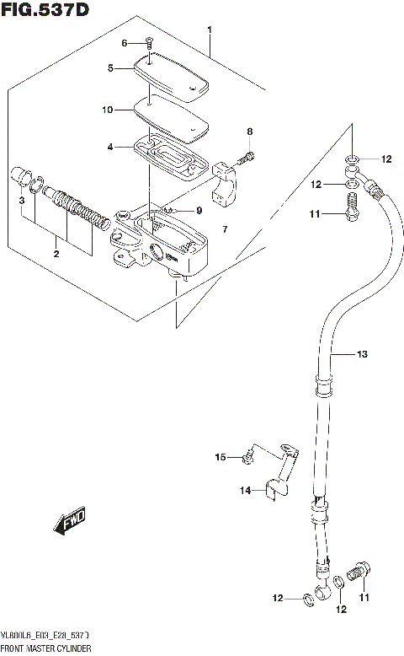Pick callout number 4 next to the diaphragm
point(109,148)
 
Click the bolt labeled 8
point(247,156)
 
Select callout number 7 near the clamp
point(225,229)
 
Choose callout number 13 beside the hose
point(362,355)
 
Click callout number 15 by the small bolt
point(221,457)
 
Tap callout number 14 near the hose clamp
point(244,489)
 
